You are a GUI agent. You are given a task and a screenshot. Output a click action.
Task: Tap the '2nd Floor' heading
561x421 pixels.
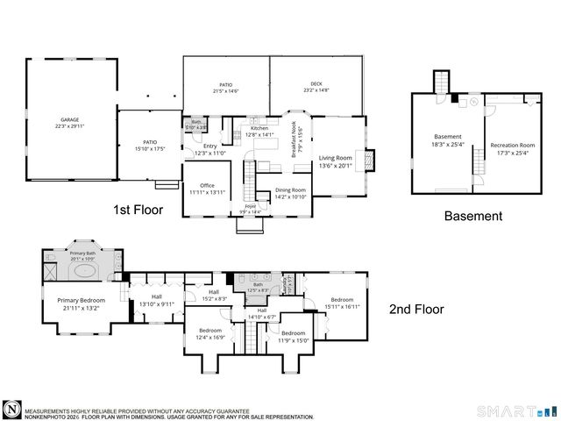click(x=416, y=309)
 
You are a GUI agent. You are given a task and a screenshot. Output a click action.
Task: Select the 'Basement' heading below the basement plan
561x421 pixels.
click(x=472, y=216)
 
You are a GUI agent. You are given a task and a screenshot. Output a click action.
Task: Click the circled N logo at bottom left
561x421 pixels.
click(x=11, y=410)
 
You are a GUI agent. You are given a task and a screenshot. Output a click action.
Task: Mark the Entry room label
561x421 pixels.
click(x=209, y=150)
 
